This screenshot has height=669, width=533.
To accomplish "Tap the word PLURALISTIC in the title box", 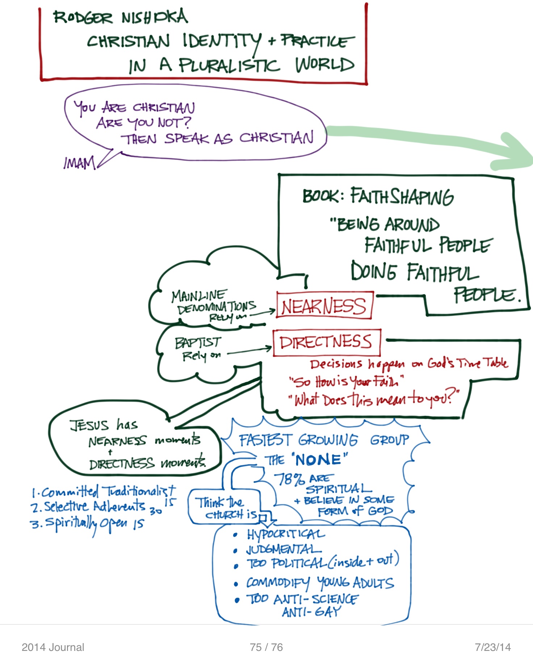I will (229, 66).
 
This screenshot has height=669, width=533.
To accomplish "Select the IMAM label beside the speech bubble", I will (79, 163).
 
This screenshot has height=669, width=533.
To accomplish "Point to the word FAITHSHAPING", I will (402, 197).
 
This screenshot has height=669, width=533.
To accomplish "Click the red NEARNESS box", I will (324, 306).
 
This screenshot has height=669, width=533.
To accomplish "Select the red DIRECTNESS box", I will (326, 342).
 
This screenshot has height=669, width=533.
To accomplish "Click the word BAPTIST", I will (198, 342).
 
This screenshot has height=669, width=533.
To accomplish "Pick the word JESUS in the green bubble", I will (89, 425).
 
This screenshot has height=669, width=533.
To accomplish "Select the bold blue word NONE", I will (318, 460).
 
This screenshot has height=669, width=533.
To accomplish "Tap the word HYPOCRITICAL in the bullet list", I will (286, 534).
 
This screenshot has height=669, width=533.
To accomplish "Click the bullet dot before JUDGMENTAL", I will (236, 551).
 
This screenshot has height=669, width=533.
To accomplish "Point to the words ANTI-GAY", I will (311, 612).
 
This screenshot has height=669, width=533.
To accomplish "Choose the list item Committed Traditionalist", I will (104, 492).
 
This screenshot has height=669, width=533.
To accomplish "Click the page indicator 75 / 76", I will (266, 647).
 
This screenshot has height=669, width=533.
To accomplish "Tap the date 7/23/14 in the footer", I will (493, 647).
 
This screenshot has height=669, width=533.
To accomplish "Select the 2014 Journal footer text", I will (53, 647).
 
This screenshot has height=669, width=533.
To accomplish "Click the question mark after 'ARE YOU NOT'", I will (187, 122).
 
